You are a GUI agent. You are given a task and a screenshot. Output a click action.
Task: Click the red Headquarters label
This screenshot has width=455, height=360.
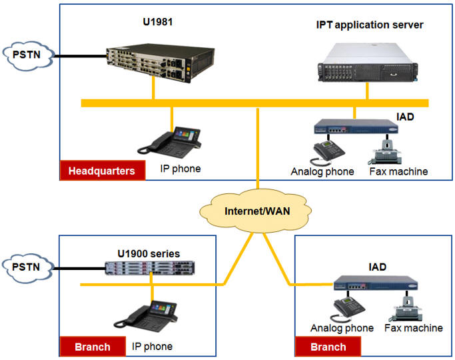point(101,171)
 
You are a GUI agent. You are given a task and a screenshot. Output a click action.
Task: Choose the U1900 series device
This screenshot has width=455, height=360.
point(152,268)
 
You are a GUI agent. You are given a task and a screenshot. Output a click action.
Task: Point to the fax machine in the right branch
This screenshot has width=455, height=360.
point(406,309)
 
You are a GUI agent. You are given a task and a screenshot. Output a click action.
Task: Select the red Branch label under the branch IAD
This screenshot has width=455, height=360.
point(328,347)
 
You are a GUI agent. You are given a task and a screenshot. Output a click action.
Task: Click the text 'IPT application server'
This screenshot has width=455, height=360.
point(370,25)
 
